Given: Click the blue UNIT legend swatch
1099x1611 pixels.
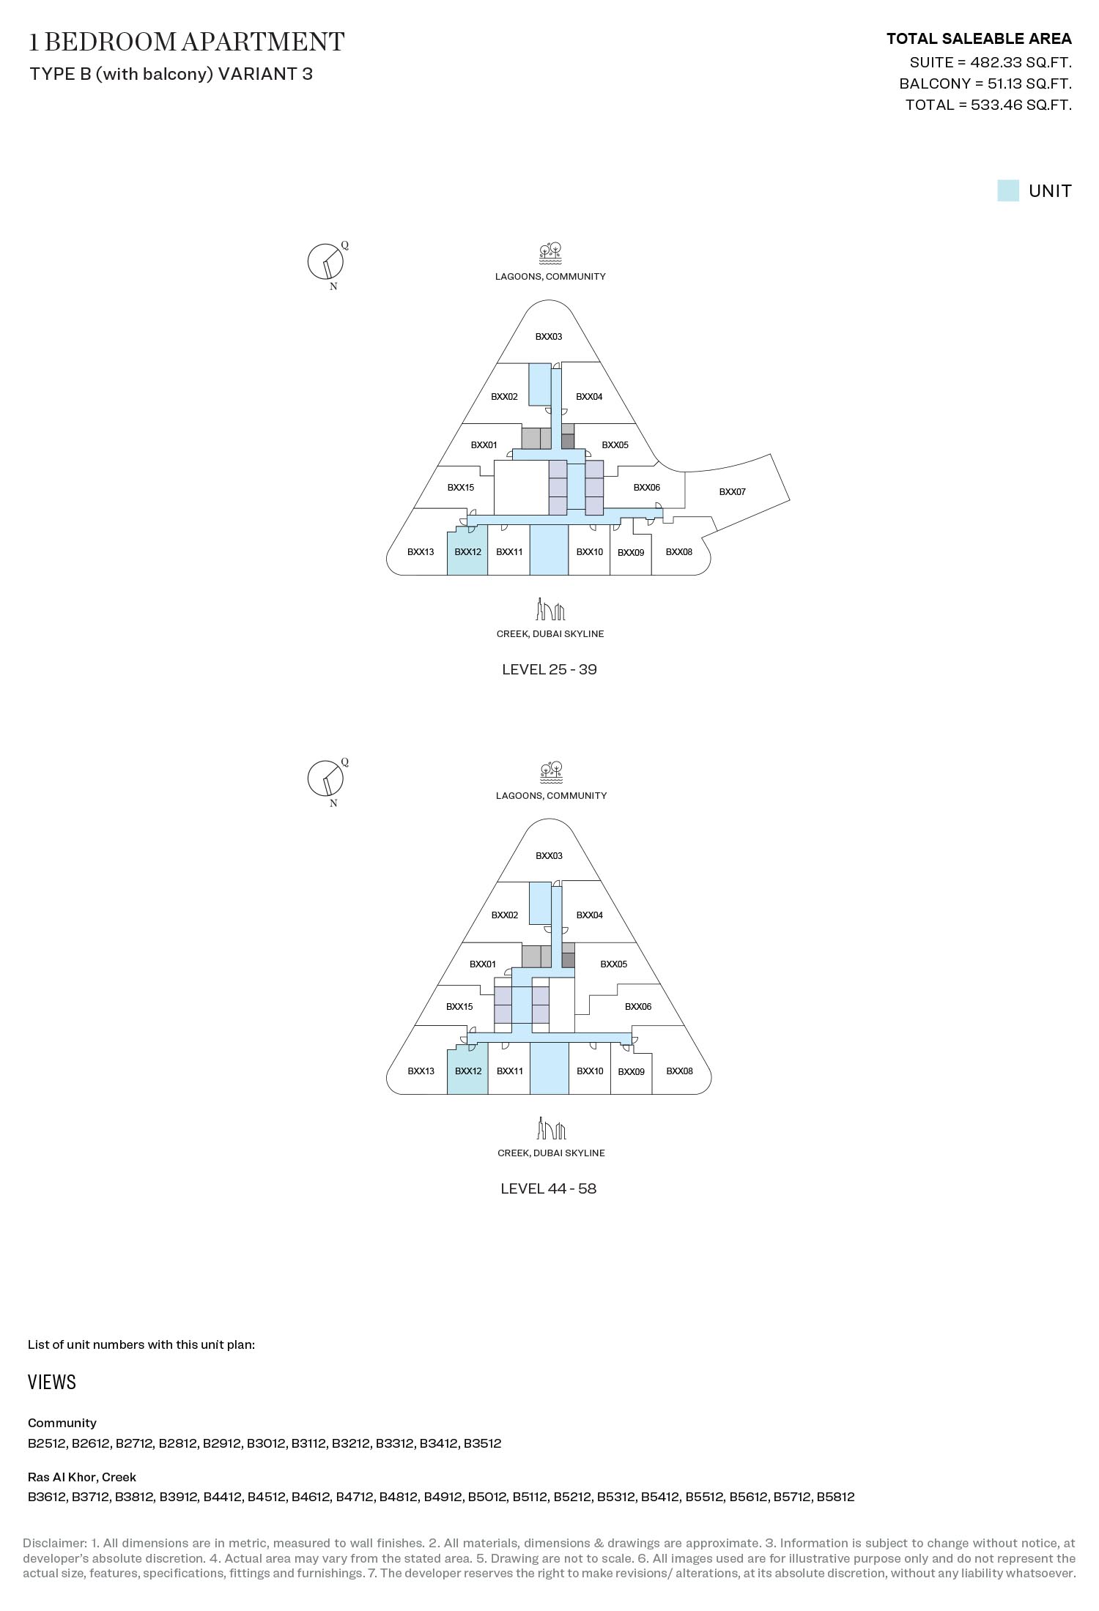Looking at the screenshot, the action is coord(1007,190).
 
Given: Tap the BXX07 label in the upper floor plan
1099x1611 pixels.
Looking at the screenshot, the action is coord(732,492).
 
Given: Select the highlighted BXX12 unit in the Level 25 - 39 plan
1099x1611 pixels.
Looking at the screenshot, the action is coord(467,550).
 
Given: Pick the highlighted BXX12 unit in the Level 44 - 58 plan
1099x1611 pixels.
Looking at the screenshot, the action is coord(467,1069).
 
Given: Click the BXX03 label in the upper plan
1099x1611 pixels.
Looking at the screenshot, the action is coord(549,337).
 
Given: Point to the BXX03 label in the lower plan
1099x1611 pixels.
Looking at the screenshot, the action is coord(549,856).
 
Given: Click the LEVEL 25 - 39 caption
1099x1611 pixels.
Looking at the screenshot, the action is coord(549,669).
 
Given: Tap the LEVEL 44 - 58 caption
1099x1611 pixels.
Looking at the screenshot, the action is coord(549,1188).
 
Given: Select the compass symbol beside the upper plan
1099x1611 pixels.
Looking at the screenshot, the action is coord(326,262).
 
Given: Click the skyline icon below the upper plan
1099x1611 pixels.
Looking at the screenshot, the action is coord(550,609).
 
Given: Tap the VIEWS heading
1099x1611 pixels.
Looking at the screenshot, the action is coord(52,1383).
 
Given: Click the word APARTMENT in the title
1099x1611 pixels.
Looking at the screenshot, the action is coord(262,42).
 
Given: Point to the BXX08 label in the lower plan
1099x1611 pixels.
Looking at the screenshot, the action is coord(679,1071).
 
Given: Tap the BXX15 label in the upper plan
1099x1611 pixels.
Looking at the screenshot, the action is coord(460,488).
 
